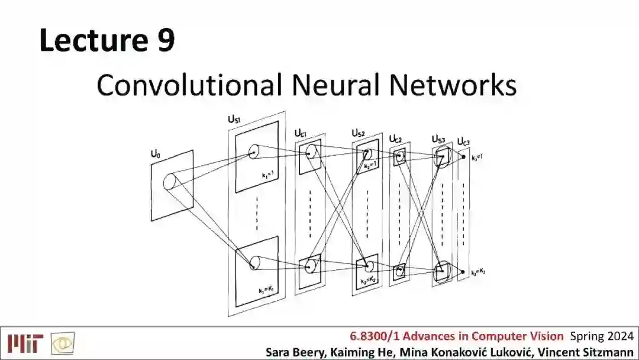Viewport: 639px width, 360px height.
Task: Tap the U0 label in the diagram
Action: (x=156, y=155)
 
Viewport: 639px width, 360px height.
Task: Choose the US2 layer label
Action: (x=358, y=133)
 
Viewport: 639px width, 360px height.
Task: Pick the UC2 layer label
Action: (x=395, y=139)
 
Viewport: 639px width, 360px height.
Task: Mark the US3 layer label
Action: (x=438, y=139)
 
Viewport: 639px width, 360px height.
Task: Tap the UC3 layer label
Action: (x=463, y=142)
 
